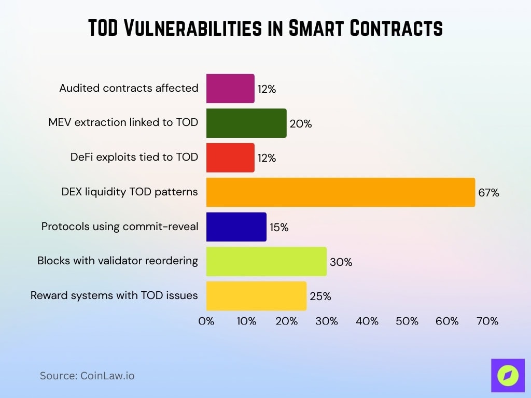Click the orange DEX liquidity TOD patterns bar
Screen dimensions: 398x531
click(x=340, y=192)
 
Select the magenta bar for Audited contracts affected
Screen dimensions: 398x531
click(x=230, y=89)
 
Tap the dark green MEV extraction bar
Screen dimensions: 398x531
click(x=246, y=123)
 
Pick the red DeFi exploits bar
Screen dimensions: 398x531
click(x=230, y=158)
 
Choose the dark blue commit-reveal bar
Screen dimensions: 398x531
click(x=236, y=226)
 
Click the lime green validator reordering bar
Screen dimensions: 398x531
click(x=267, y=261)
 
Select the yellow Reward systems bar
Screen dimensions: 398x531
click(x=256, y=296)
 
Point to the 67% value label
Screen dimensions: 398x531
click(x=488, y=193)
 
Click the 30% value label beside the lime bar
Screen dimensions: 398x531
click(x=341, y=262)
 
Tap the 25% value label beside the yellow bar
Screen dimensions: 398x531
click(x=320, y=296)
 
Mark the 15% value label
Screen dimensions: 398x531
click(x=279, y=228)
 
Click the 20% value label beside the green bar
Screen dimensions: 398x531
click(x=300, y=124)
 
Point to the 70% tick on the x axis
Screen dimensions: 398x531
click(x=487, y=321)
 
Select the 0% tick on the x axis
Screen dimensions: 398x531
click(x=206, y=321)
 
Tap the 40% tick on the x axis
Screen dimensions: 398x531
click(x=367, y=321)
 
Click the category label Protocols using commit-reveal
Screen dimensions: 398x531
click(x=120, y=226)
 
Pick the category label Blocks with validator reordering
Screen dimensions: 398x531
click(x=118, y=261)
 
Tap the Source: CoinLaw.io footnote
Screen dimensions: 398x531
click(x=87, y=376)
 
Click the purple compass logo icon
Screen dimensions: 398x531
click(x=508, y=376)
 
